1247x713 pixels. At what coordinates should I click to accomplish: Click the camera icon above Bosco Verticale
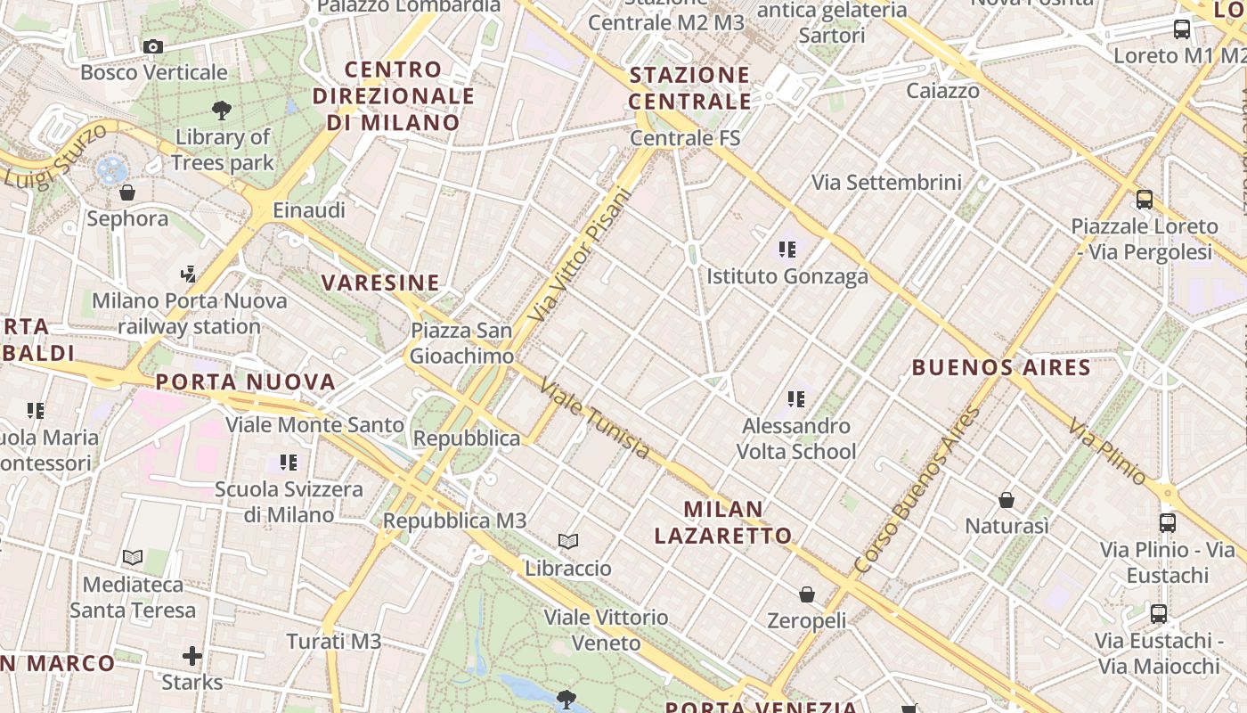pos(153,46)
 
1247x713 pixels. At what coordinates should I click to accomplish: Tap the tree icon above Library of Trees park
pos(222,111)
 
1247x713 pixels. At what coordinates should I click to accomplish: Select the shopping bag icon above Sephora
pos(127,193)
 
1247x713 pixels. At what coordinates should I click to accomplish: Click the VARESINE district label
pos(380,283)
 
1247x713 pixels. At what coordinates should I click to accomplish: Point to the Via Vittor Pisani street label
pos(578,255)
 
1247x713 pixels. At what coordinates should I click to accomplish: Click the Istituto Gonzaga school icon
pos(787,250)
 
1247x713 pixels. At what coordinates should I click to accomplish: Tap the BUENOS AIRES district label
pos(1001,367)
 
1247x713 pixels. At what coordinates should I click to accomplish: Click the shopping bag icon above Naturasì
pos(1007,500)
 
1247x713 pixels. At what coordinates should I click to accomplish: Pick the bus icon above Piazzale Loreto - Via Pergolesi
pos(1145,200)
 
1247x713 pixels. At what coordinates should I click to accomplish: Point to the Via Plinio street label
pos(1109,452)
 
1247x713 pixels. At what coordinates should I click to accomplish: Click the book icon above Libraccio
pos(568,541)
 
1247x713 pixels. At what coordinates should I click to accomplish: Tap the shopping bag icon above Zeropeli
pos(807,594)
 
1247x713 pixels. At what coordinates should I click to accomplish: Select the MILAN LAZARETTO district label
pos(723,522)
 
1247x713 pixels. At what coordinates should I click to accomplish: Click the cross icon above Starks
pos(192,657)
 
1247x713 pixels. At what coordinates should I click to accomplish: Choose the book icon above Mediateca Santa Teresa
pos(133,558)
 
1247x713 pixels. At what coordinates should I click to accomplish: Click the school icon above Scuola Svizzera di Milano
pos(288,463)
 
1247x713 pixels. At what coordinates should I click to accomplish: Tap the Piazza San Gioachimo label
pos(461,343)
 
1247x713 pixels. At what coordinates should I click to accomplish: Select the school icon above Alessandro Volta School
pos(795,399)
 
